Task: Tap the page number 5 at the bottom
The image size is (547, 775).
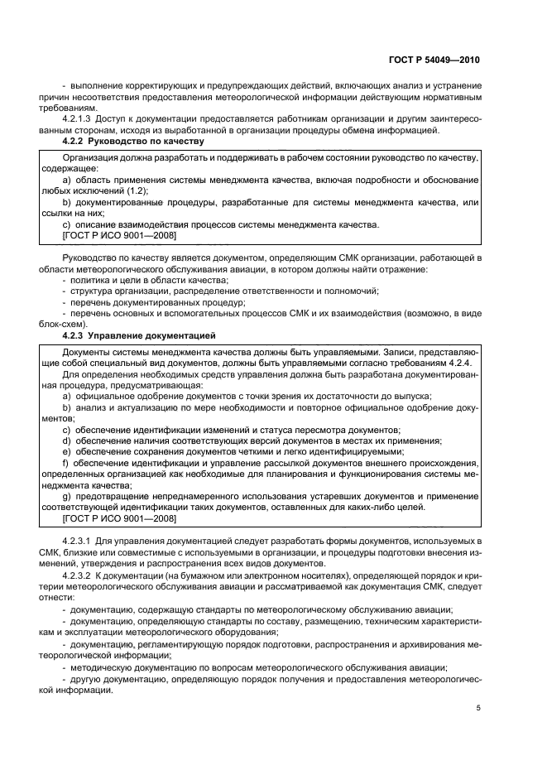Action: click(477, 707)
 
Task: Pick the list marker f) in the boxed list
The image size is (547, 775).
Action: click(65, 462)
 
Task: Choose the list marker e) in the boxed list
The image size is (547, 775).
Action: click(66, 451)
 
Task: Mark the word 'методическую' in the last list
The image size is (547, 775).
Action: click(103, 667)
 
